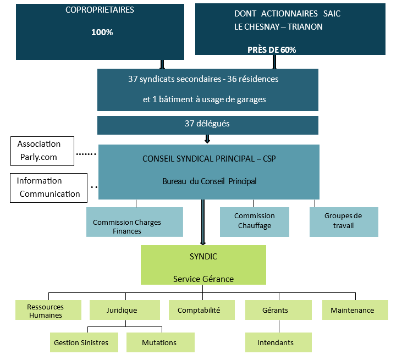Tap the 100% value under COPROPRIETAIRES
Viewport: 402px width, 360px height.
[102, 32]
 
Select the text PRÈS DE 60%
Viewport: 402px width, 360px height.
[271, 49]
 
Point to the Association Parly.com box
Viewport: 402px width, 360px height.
[42, 151]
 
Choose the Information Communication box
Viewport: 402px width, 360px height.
[48, 187]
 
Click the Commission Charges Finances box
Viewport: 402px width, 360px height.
[134, 222]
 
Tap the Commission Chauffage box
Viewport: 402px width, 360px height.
[254, 221]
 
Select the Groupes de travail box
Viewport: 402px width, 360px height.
[343, 221]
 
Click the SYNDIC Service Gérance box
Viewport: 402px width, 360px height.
[203, 265]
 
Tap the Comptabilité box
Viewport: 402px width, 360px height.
[199, 311]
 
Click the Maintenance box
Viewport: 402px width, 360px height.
[355, 311]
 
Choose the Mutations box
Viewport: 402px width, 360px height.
[160, 342]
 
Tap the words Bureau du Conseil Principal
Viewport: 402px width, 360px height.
[209, 181]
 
